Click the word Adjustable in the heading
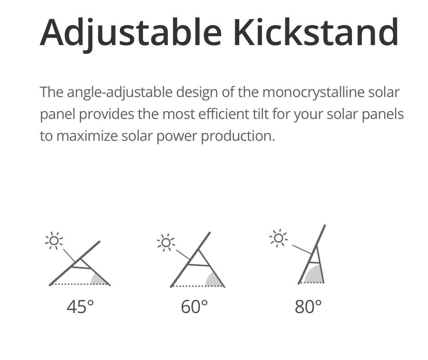[130, 33]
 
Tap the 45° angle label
[80, 307]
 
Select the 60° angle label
[194, 307]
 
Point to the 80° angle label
[308, 307]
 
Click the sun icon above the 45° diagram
[54, 241]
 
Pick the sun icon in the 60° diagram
[166, 242]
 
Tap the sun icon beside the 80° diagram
[278, 238]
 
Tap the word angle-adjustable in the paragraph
[120, 93]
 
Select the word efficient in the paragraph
[222, 114]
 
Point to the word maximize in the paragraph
[87, 136]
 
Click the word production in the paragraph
[238, 136]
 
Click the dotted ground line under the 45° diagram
[80, 284]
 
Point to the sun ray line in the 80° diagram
[302, 249]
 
